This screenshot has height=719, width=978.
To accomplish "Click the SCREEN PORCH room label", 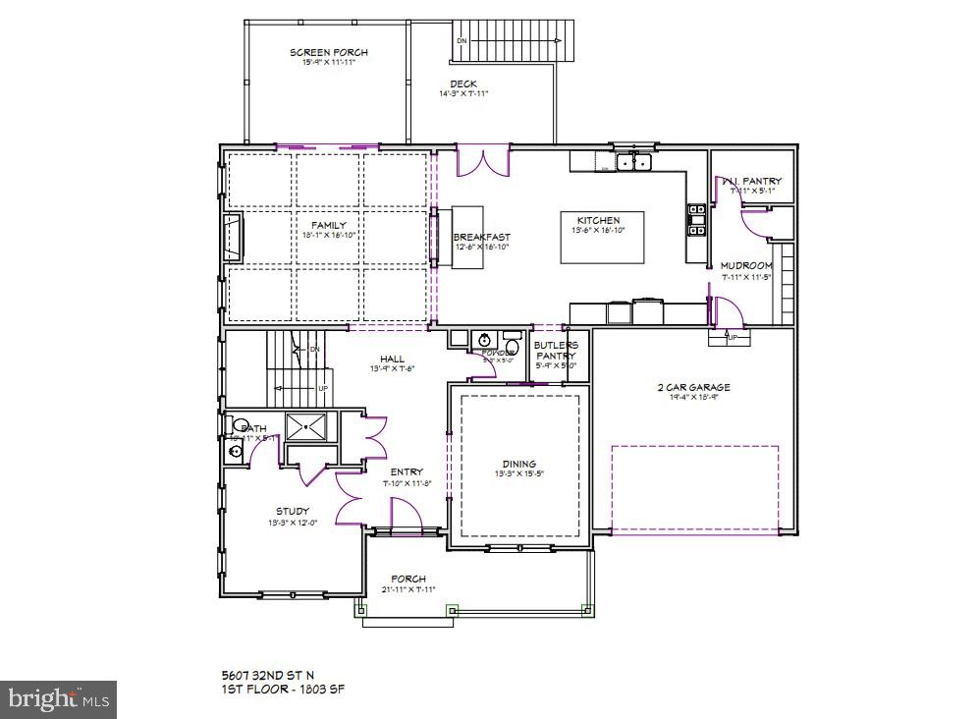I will pos(321,52).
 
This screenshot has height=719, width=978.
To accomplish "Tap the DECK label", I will pos(463,83).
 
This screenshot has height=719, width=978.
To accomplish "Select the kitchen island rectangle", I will pos(603,238).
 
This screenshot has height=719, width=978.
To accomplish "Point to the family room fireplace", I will pos(234,239).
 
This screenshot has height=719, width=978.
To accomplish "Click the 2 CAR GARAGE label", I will pos(693,387).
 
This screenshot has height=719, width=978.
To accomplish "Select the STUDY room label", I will pos(292,511).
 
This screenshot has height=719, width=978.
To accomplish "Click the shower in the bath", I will pos(311,427).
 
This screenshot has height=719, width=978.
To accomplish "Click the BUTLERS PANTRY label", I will pos(556,351).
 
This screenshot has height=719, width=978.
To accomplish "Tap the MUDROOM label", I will pos(746,265).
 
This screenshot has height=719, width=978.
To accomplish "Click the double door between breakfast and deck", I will pos(482,161).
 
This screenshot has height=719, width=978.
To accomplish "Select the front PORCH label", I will pos(407,579).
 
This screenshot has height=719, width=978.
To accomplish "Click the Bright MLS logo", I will pos(59,699).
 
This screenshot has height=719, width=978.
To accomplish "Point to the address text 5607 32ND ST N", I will pos(269,675).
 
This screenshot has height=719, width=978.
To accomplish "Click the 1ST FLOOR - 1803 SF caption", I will pos(282,689).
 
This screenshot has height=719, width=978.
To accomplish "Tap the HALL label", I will pos(394,359).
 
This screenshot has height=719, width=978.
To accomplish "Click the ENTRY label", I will pos(407,472).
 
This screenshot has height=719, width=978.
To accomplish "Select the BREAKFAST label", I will pos(481,237).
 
